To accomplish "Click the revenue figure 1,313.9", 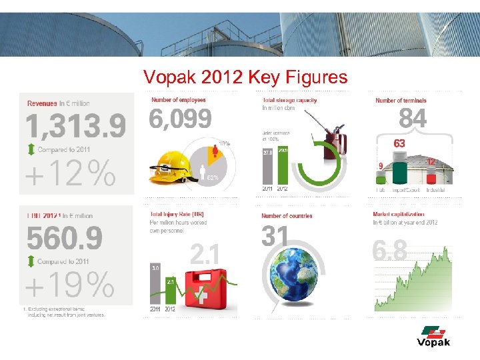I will pyautogui.click(x=75, y=127).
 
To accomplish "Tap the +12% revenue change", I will pyautogui.click(x=70, y=175).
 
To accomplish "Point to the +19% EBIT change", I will pyautogui.click(x=69, y=286).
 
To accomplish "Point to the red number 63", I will pyautogui.click(x=399, y=143).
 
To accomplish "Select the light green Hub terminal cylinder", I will pyautogui.click(x=381, y=178).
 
